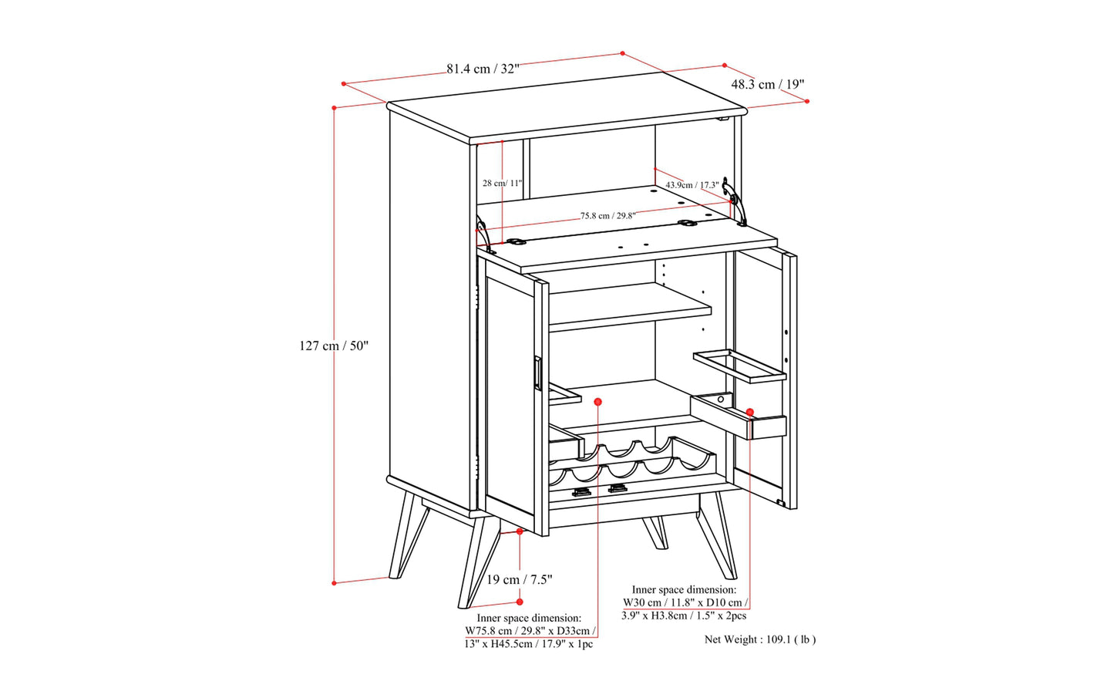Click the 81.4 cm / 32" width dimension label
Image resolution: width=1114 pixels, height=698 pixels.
(x=483, y=69)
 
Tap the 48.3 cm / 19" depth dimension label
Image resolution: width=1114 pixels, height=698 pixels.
(x=767, y=84)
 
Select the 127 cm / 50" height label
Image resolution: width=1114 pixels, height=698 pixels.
(x=334, y=346)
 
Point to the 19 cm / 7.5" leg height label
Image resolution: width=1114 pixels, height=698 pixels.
(x=519, y=579)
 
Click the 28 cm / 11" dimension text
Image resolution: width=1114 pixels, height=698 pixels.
(x=503, y=183)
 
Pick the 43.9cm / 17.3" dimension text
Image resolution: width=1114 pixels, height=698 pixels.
(x=692, y=185)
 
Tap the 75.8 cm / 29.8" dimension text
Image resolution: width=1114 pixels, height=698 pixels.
(x=607, y=216)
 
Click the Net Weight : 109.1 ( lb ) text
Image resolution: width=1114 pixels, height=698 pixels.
(x=760, y=640)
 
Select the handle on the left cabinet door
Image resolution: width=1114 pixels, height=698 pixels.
(x=537, y=373)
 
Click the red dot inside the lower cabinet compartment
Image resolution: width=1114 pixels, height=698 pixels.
(x=597, y=402)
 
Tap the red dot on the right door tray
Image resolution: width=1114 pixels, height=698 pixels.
(x=750, y=412)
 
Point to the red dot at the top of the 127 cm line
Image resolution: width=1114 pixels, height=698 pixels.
(x=335, y=108)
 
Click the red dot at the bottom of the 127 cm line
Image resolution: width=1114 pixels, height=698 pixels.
(x=335, y=582)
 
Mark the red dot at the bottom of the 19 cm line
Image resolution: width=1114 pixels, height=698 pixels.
(x=520, y=602)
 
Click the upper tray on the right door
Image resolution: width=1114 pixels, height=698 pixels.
(x=739, y=366)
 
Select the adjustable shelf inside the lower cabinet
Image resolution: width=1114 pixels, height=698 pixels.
(x=630, y=308)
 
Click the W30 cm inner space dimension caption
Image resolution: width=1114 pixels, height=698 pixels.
(x=685, y=603)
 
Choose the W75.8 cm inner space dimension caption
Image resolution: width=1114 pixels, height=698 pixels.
(x=530, y=631)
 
